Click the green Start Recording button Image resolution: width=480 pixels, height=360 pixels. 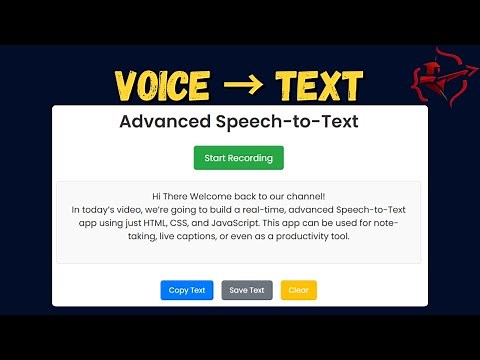tap(239, 158)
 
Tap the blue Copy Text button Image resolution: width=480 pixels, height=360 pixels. tap(187, 290)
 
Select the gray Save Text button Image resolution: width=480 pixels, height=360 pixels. tap(247, 290)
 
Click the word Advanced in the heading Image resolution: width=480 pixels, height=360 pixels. tap(166, 123)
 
